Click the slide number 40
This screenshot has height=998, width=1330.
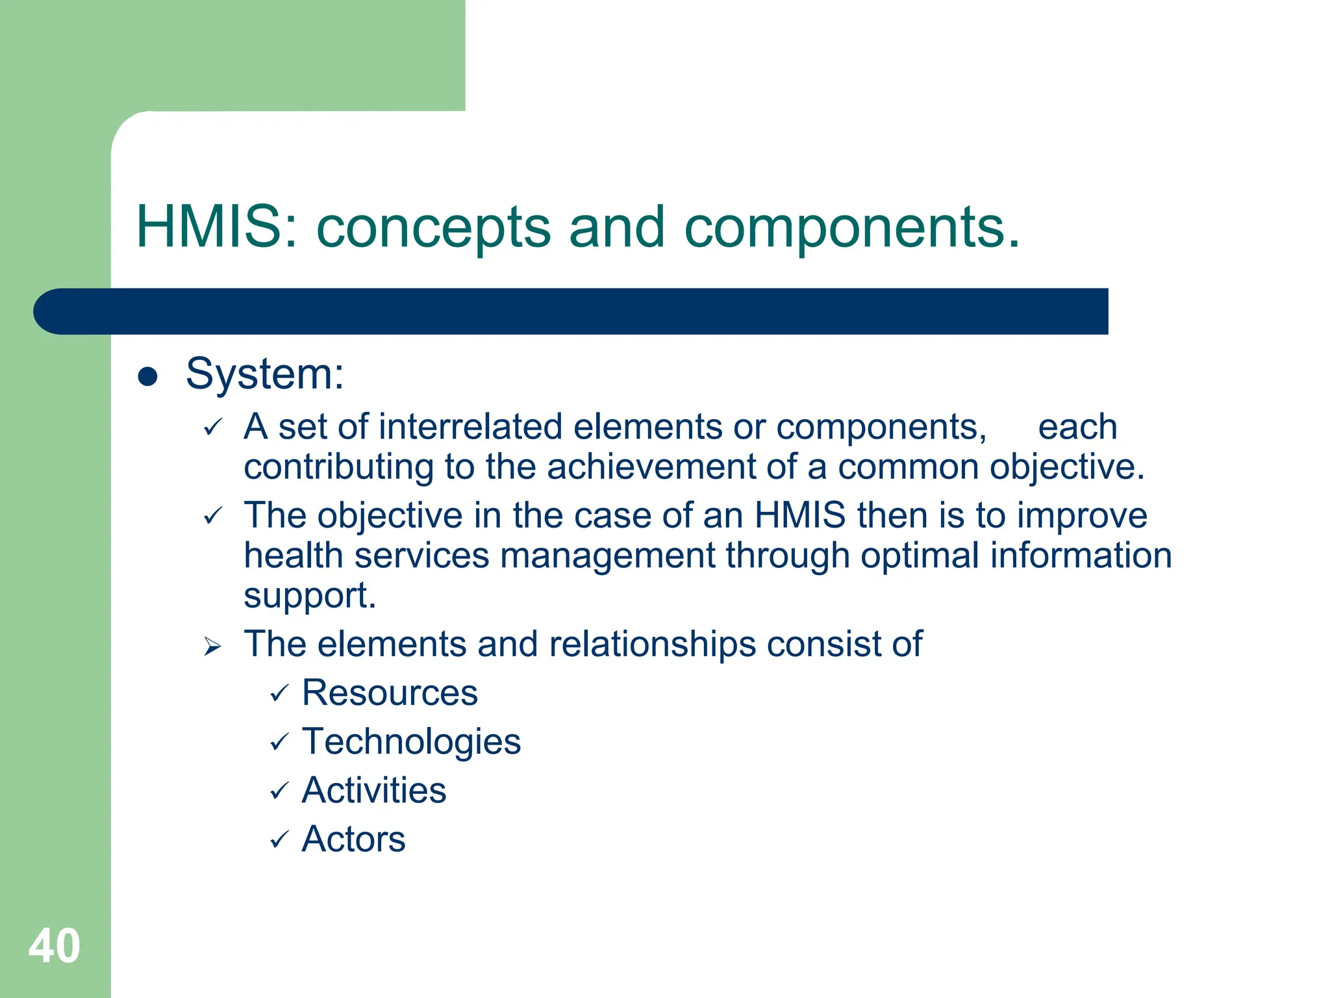[55, 946]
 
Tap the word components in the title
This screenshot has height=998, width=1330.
[851, 228]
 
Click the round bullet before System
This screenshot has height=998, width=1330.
[148, 376]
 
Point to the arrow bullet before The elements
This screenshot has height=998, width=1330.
[212, 646]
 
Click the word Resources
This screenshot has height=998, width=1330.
[390, 693]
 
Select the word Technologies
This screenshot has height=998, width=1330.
[411, 742]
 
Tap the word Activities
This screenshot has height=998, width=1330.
[374, 791]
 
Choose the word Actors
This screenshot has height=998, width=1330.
[353, 839]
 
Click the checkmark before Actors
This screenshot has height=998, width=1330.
[279, 840]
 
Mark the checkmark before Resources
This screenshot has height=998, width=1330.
[279, 694]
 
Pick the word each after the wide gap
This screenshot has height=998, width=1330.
[1077, 428]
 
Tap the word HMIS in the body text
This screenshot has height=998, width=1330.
[799, 515]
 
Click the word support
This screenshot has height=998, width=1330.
[309, 596]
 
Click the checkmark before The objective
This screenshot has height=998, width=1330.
[212, 517]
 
